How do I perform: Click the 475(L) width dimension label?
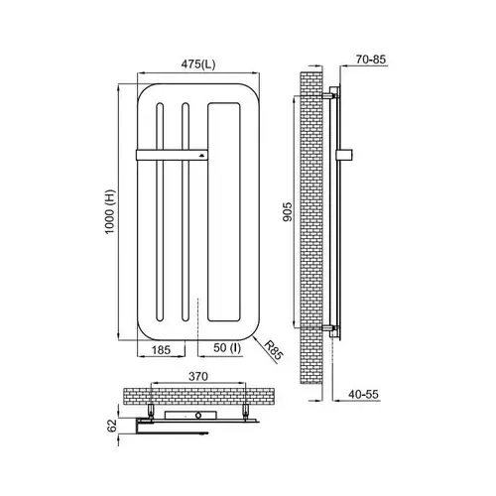(x=198, y=63)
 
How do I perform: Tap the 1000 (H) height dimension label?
(x=109, y=211)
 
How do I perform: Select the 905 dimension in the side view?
(x=288, y=211)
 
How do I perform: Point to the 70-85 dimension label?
(x=371, y=60)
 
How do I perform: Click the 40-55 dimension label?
(x=363, y=394)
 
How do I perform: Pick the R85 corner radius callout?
(x=274, y=350)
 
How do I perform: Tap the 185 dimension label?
(x=161, y=349)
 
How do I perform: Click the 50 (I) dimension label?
(x=227, y=348)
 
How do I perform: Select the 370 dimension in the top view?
(x=198, y=376)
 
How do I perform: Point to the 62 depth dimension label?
(x=112, y=426)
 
